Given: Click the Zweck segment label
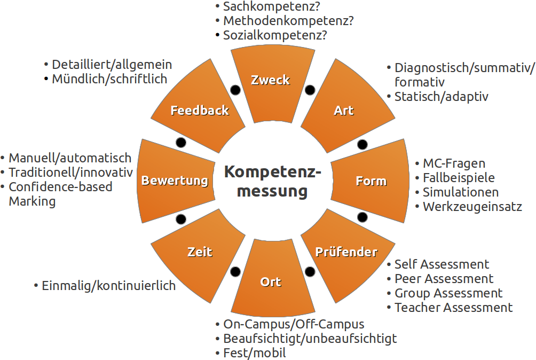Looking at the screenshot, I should pos(271,80).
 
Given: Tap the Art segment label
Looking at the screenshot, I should pos(344,111).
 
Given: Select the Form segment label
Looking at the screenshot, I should pos(371,181).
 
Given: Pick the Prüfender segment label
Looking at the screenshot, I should pos(346,252).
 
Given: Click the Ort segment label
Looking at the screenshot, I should pos(271,281).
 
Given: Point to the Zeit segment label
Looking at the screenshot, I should pos(200,252).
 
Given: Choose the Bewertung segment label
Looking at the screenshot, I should pos(175,181).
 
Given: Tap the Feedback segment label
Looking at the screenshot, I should pos(200,111).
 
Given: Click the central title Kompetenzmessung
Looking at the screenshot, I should pos(272,181).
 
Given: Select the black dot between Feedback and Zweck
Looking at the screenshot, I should pos(234,90).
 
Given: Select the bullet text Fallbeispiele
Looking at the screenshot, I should pos(459,178).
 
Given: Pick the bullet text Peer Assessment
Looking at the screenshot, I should pos(444,279).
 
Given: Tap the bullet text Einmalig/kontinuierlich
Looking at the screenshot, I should pos(108,286).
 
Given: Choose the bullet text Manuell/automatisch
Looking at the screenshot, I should pos(70,158).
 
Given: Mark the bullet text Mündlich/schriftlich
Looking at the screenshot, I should pos(109,79).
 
